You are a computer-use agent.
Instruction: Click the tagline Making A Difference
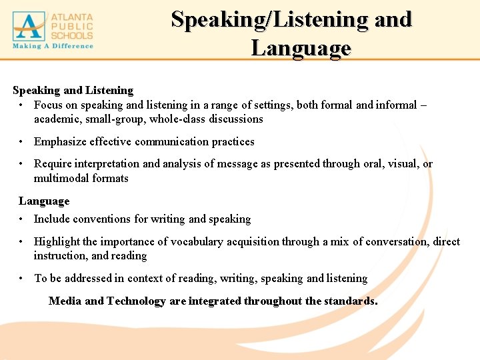pyautogui.click(x=53, y=46)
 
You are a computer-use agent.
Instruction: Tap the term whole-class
pyautogui.click(x=178, y=119)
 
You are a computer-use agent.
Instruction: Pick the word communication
pyautogui.click(x=172, y=141)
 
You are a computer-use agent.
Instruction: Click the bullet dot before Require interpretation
pyautogui.click(x=22, y=163)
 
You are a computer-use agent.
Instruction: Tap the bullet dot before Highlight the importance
pyautogui.click(x=22, y=241)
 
